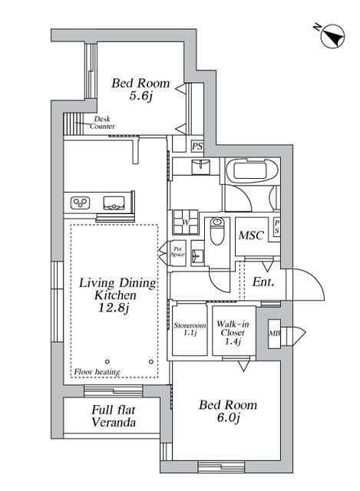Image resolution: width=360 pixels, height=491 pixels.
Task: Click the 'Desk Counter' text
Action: pyautogui.click(x=103, y=123)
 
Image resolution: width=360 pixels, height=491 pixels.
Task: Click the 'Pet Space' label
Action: pyautogui.click(x=177, y=250)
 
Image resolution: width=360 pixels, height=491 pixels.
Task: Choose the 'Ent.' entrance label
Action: pyautogui.click(x=263, y=283)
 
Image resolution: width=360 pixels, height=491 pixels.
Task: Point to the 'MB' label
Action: pyautogui.click(x=274, y=334)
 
